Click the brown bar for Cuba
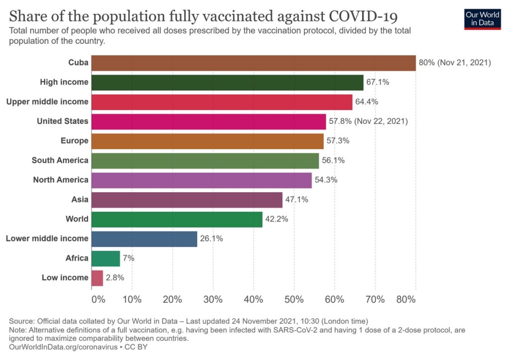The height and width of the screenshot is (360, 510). (254, 63)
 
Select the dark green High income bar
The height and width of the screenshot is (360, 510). (228, 82)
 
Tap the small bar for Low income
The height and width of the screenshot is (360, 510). (97, 278)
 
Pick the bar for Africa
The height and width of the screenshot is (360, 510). (106, 258)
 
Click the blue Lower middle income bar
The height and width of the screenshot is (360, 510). (144, 239)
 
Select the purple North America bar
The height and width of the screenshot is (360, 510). (202, 180)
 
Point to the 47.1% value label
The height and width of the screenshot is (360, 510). (297, 200)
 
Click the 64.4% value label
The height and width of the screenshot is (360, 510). (367, 102)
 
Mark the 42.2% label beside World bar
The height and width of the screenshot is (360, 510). (277, 219)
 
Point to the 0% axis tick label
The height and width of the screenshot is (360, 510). (98, 300)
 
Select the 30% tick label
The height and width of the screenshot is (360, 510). (213, 300)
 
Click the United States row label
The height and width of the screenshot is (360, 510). (63, 121)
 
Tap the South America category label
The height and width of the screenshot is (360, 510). (60, 160)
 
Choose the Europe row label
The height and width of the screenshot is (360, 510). (75, 141)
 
